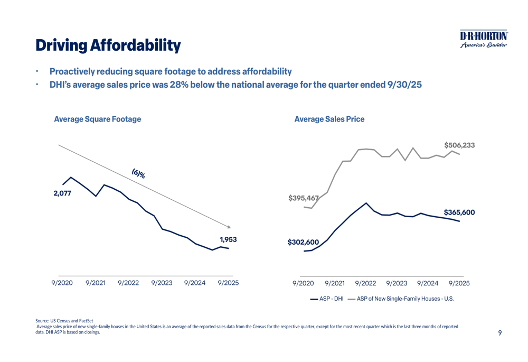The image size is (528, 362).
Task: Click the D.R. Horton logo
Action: [x=484, y=39]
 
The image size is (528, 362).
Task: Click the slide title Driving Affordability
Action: [x=108, y=45]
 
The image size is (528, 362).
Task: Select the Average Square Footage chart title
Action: [x=98, y=119]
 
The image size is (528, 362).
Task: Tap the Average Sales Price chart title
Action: [x=329, y=119]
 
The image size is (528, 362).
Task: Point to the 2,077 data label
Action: [x=62, y=193]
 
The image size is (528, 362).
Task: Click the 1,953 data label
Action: [x=228, y=239]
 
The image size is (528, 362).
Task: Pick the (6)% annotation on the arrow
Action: [x=138, y=173]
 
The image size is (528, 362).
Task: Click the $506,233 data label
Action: [x=459, y=144]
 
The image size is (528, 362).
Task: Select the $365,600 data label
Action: [x=459, y=212]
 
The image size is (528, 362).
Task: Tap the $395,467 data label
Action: [x=304, y=199]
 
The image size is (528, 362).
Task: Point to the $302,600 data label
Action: [x=303, y=243]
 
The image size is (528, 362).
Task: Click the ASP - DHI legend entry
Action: [x=327, y=299]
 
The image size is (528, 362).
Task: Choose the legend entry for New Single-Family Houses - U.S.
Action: [x=404, y=299]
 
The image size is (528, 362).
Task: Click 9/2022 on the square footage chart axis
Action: [x=128, y=283]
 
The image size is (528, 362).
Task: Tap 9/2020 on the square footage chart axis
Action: [x=62, y=283]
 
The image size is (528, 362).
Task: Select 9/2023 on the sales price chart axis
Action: [x=397, y=283]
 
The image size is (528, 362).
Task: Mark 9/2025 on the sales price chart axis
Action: [x=459, y=283]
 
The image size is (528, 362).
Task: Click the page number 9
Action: [x=499, y=333]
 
